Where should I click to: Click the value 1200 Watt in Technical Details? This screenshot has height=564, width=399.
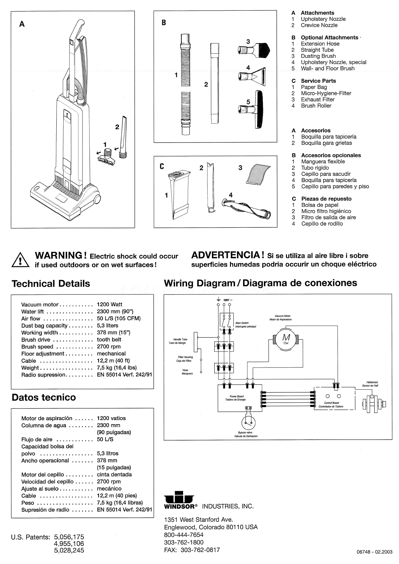[110, 304]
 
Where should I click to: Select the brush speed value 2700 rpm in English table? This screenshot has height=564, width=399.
[109, 347]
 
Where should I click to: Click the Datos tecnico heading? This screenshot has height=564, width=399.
[44, 398]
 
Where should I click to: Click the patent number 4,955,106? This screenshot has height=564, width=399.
[69, 544]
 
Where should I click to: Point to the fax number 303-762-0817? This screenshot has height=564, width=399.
[200, 550]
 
